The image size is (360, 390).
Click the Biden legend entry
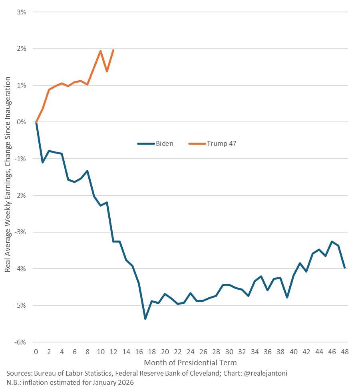point(164,143)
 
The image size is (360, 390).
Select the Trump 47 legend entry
point(221,143)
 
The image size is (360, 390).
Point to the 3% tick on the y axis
point(21,12)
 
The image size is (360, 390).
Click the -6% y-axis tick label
point(20,342)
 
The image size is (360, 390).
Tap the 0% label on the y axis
point(21,122)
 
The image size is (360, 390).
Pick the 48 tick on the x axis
point(345,352)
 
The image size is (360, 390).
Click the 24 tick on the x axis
point(190,352)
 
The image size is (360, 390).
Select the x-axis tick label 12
point(113,352)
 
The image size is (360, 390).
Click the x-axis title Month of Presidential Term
point(190,363)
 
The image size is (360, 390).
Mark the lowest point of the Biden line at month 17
point(145,318)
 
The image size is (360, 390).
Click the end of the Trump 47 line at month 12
point(113,50)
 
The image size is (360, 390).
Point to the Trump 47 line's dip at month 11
point(107,71)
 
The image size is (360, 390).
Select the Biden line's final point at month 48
point(345,268)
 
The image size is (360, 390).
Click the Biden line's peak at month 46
point(332,241)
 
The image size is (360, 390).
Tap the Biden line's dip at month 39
point(287,298)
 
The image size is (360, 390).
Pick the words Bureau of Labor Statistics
point(71,373)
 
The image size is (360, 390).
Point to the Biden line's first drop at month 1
point(42,162)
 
